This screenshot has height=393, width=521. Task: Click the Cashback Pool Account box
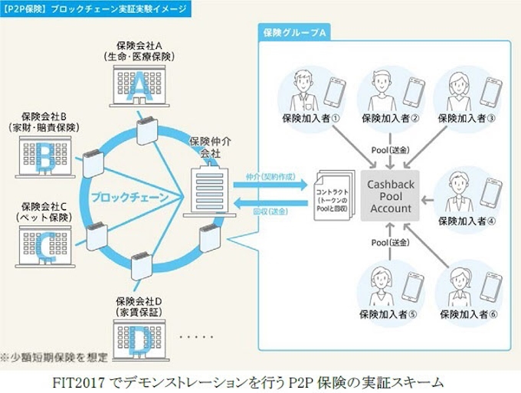coord(389,197)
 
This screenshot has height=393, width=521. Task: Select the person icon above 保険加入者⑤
coord(379,285)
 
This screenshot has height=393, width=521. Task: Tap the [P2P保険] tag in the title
coord(27,7)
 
